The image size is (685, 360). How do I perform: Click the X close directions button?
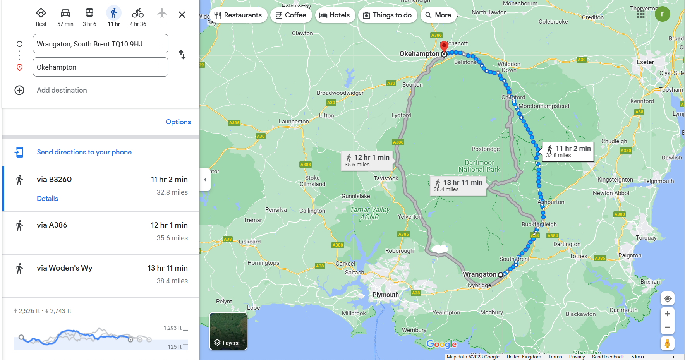point(182,15)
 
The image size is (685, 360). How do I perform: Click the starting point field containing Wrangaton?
point(101,44)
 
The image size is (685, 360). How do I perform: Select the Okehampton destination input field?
point(101,67)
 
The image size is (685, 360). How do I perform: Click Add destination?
point(62,90)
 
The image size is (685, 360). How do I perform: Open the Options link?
point(178,122)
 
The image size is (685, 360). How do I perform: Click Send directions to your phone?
point(84,152)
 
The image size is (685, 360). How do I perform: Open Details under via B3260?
point(47,199)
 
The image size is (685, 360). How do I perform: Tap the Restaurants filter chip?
point(239,15)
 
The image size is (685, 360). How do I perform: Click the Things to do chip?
point(387,15)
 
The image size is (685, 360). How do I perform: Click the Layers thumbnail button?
point(228,331)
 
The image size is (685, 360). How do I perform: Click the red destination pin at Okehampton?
point(444,46)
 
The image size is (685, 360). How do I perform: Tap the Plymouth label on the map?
point(385,295)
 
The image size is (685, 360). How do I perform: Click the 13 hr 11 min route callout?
point(458,185)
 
